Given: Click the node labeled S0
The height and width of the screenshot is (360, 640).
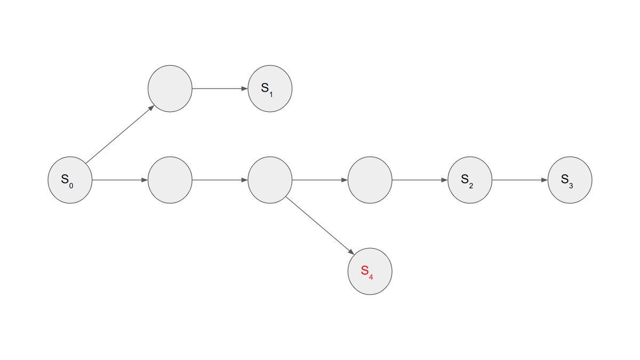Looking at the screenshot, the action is click(x=70, y=180).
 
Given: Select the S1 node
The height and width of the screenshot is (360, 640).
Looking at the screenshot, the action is click(x=270, y=89).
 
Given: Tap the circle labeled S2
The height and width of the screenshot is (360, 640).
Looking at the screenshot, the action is click(x=470, y=180).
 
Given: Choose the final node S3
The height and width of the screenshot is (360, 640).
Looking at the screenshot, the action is click(x=570, y=180).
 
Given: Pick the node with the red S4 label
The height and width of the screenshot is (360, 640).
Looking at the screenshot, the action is click(x=370, y=271).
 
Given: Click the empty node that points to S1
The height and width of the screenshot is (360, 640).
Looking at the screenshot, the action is click(x=170, y=89).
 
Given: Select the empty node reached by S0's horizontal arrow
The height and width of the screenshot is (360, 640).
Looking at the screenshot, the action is click(x=170, y=180).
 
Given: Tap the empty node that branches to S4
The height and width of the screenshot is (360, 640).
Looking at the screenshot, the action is click(x=270, y=180).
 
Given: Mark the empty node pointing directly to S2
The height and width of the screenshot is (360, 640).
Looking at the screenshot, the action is click(x=370, y=180).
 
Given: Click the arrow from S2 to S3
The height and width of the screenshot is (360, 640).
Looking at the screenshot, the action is click(x=519, y=180).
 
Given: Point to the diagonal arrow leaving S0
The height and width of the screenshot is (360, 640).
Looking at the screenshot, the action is click(x=119, y=134).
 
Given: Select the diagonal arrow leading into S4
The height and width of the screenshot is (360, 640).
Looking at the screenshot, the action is click(x=319, y=226).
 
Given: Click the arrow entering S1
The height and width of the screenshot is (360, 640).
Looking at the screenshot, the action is click(x=220, y=89).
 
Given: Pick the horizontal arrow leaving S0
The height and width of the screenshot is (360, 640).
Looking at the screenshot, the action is click(x=119, y=180).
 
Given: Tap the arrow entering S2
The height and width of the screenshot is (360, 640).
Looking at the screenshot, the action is click(x=420, y=180).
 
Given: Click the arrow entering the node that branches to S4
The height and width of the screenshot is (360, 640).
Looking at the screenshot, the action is click(x=220, y=180).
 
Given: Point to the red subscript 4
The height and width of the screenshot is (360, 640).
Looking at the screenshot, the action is click(x=371, y=276).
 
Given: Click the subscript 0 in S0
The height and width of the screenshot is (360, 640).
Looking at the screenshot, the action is click(x=71, y=185).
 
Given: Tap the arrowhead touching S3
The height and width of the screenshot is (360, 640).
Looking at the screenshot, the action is click(x=545, y=180).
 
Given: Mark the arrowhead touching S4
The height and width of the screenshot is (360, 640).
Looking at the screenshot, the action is click(x=350, y=251).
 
